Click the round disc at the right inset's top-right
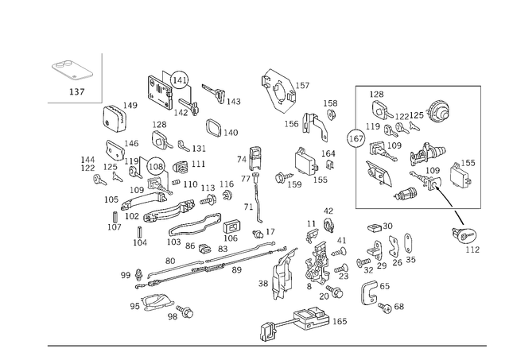439,110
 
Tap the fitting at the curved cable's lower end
467,236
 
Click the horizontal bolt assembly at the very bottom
306,322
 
